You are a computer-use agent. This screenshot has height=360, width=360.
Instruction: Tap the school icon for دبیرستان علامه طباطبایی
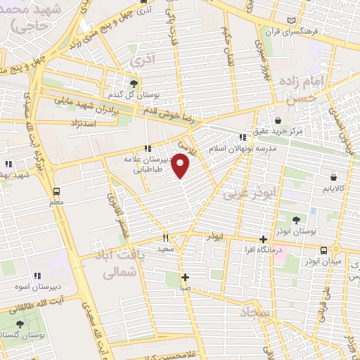point(148,148)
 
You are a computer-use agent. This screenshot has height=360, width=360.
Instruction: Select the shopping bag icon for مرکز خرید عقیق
point(280,120)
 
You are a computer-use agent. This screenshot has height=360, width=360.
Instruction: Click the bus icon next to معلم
point(56,191)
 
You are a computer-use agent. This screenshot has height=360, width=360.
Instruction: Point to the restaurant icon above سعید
point(166,238)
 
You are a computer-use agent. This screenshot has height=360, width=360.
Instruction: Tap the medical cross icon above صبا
point(184,276)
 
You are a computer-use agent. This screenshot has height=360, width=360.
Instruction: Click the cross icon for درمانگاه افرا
point(263,240)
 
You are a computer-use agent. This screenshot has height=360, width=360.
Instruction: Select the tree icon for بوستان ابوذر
point(296,221)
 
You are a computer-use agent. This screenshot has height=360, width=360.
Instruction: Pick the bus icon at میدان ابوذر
point(323,250)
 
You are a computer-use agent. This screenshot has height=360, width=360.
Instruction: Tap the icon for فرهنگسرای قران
point(292,22)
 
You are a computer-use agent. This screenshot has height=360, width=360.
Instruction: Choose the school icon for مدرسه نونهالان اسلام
point(243,138)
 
